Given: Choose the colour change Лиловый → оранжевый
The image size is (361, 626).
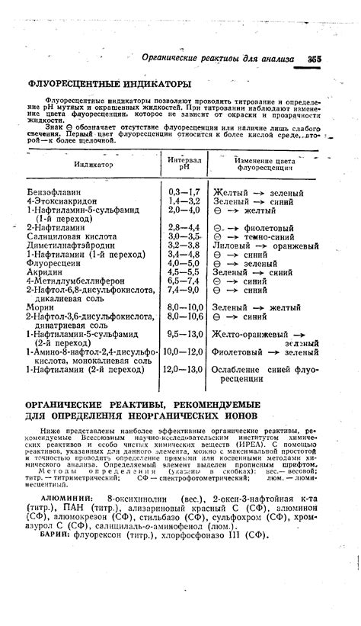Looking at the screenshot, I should coord(265,246).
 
